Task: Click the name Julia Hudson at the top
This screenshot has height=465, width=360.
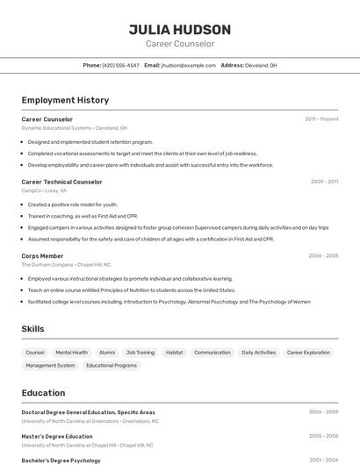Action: (x=180, y=29)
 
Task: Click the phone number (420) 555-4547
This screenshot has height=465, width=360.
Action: (x=120, y=65)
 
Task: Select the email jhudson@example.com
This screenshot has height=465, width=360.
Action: (x=188, y=65)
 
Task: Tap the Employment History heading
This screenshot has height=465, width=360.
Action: (x=65, y=100)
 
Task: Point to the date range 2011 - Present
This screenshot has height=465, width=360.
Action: (x=321, y=119)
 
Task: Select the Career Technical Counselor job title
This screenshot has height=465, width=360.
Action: (x=61, y=182)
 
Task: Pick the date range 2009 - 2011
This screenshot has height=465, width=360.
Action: (x=324, y=182)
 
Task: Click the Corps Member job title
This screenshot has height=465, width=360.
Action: (x=42, y=256)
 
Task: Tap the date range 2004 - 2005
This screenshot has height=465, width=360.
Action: (x=323, y=256)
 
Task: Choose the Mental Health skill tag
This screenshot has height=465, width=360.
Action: (x=72, y=353)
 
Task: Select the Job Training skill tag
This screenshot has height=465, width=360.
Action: (x=140, y=353)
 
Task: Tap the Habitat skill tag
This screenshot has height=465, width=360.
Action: (x=175, y=353)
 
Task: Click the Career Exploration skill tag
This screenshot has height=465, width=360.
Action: (x=308, y=353)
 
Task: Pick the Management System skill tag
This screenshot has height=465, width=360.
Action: (x=50, y=365)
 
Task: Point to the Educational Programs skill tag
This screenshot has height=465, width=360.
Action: (x=112, y=365)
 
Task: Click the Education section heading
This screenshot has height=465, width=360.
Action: (x=43, y=393)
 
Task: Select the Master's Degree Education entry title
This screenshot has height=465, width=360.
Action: (x=57, y=436)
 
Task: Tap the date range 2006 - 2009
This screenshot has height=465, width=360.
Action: (x=323, y=411)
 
